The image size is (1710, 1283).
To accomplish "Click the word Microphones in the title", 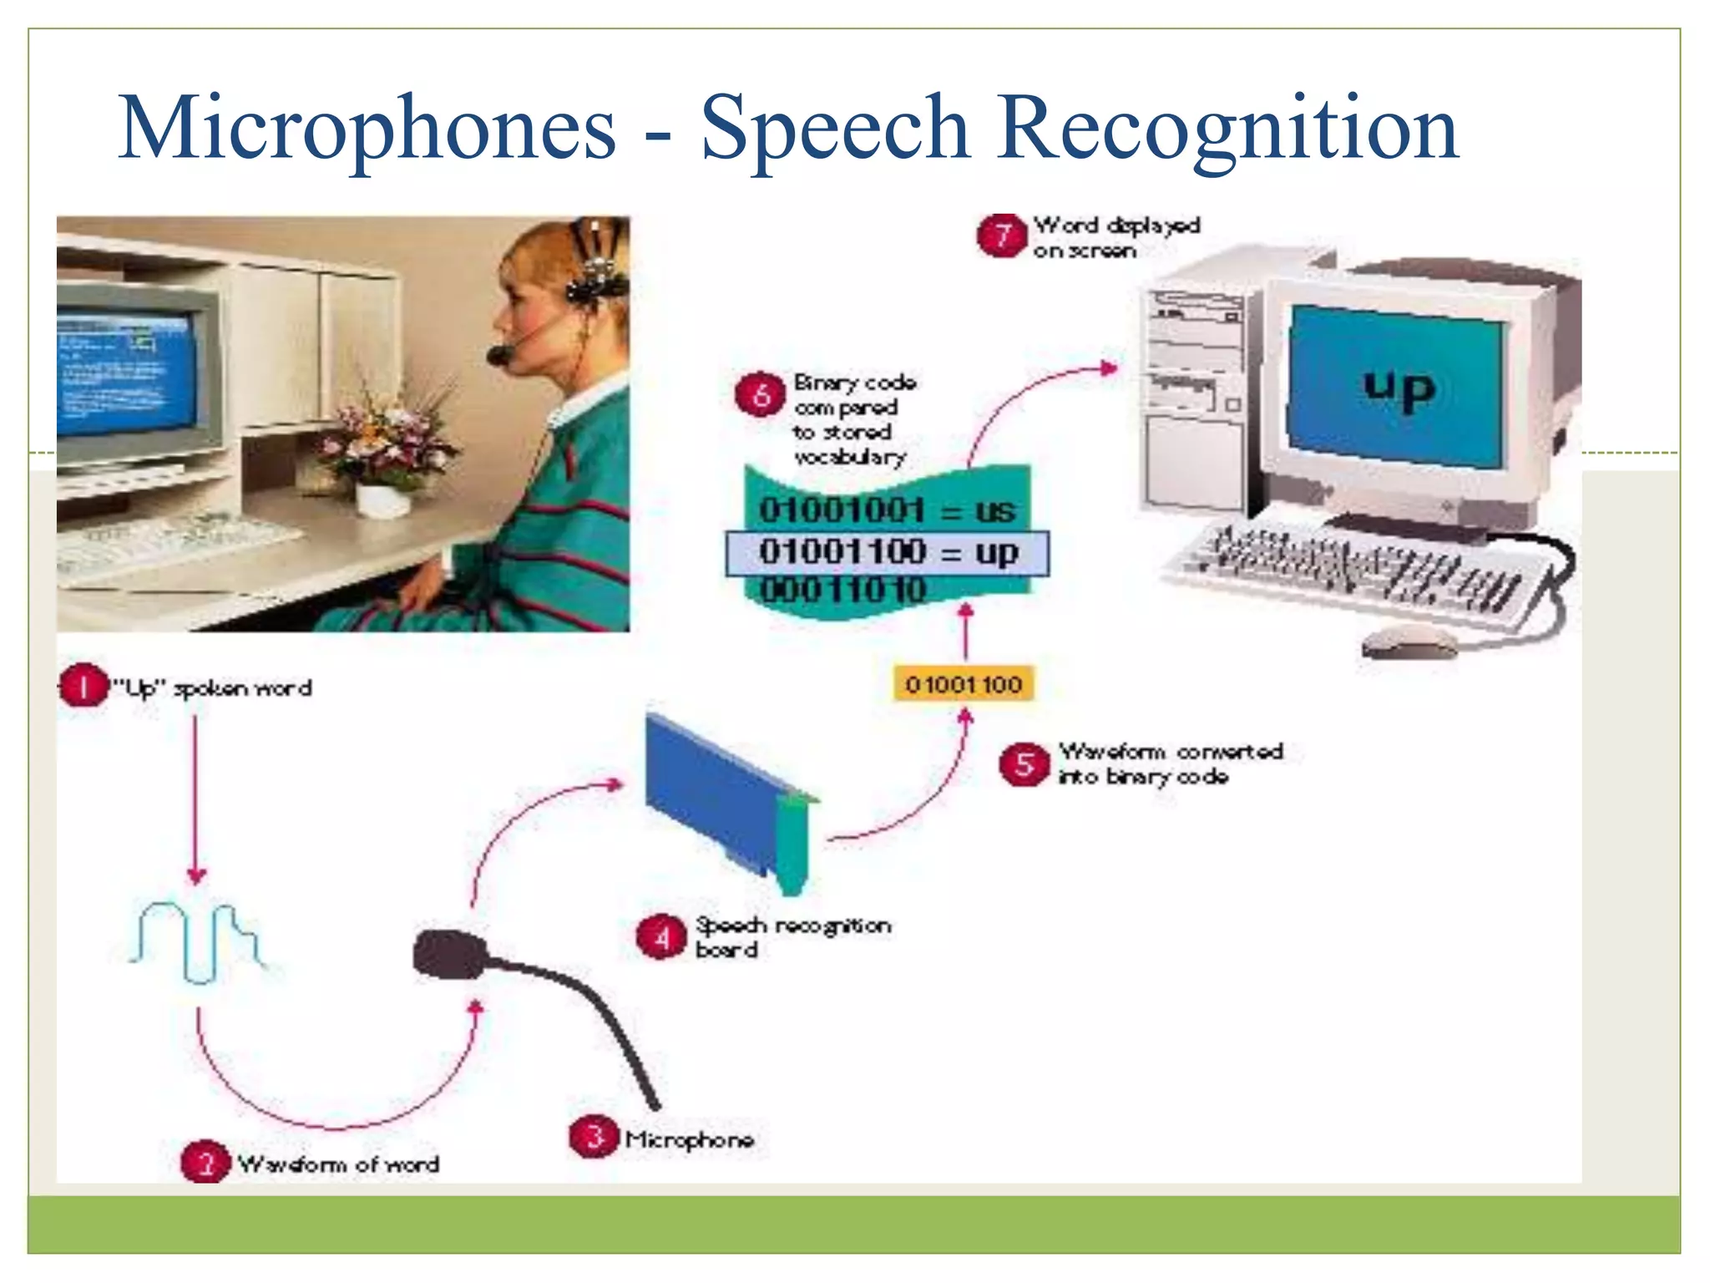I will tap(367, 129).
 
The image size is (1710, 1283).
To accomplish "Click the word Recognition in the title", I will tap(1227, 129).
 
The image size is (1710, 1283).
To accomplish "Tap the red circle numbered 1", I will tap(83, 687).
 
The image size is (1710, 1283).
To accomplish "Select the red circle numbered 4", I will tap(661, 937).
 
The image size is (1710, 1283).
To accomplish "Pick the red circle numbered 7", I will tap(1001, 236).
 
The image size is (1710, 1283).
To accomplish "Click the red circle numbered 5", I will tap(1024, 764).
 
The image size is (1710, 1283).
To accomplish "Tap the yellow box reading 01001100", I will tap(964, 684).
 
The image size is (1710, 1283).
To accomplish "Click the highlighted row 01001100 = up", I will tap(887, 553).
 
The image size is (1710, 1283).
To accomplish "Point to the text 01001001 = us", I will tap(887, 510).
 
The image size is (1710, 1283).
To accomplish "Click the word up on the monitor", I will tap(1399, 388).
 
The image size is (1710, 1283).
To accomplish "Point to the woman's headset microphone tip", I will tap(498, 355).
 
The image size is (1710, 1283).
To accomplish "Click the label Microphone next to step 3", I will tap(689, 1139).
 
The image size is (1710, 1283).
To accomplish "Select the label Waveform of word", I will tap(338, 1164).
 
